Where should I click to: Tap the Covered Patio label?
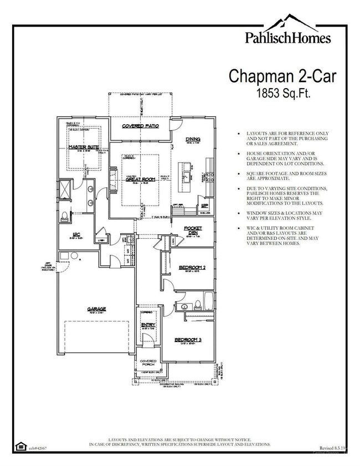141,126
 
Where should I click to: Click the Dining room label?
193,139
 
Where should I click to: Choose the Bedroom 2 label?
192,268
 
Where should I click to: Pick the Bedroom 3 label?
188,340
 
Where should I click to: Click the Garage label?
96,309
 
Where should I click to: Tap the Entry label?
148,325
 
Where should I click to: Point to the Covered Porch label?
148,363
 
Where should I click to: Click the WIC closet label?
76,234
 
